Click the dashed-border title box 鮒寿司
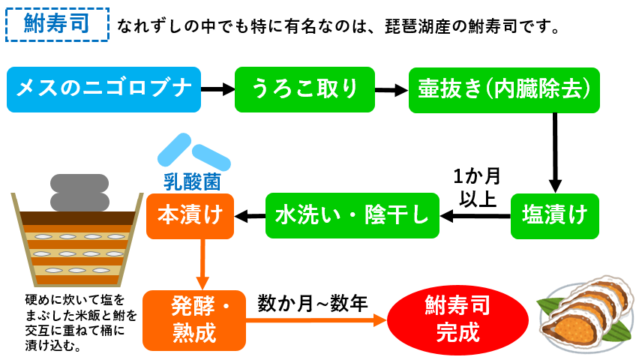coord(57,25)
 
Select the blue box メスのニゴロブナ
coord(103,90)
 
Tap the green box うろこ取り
coord(304,90)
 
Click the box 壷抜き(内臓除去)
coord(504,90)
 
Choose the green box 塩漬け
coord(555,216)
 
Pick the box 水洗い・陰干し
coord(352,215)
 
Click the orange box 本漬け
coord(190,216)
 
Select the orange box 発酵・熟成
coord(194,320)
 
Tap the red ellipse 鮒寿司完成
coord(457,319)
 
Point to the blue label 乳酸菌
coord(192,181)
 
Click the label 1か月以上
coord(478,187)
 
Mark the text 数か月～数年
coord(313,304)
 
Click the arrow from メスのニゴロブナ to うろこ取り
coord(217,89)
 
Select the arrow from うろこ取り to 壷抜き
coord(391,90)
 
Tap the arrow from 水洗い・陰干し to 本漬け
coord(250,216)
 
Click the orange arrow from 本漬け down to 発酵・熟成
coord(202,265)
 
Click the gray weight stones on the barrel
coord(79,193)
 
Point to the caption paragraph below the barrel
coord(81,322)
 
